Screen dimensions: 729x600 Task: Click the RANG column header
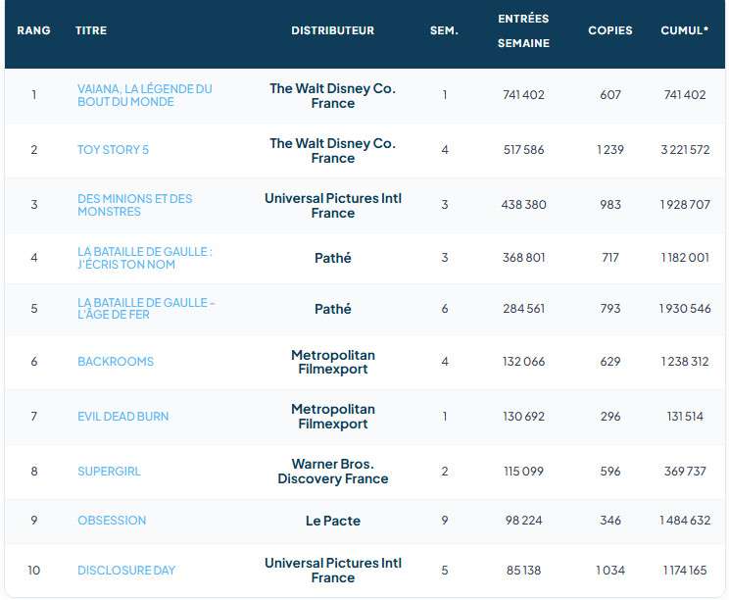[x=33, y=30]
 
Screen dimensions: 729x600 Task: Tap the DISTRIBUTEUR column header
[x=333, y=30]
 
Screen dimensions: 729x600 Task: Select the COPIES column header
[x=610, y=30]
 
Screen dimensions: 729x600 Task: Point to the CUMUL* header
[x=685, y=30]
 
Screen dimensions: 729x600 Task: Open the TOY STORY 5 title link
[x=113, y=150]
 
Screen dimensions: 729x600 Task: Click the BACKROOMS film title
[x=116, y=362]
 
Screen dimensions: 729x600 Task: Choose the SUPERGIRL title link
[x=109, y=472]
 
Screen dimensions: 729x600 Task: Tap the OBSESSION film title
[x=112, y=520]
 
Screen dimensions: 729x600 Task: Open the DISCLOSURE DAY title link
[x=126, y=571]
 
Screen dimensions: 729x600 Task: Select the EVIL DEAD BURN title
[x=122, y=417]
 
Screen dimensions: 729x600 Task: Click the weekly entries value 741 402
[x=523, y=95]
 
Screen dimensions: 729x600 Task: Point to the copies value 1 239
[x=610, y=150]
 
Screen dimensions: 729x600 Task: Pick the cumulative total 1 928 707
[x=685, y=205]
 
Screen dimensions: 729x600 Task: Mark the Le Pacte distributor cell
[x=333, y=521]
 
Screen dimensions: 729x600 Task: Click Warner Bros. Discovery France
[x=333, y=472]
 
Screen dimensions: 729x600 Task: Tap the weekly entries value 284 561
[x=523, y=309]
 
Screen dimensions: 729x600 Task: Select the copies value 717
[x=610, y=258]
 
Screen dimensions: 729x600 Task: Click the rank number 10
[x=34, y=571]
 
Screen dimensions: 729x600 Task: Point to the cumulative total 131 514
[x=685, y=417]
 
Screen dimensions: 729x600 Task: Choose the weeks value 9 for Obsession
[x=445, y=520]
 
